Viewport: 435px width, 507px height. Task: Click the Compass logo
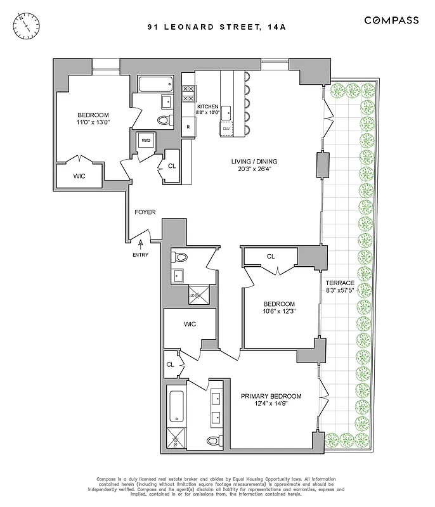click(x=391, y=20)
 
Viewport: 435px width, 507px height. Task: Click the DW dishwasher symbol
click(x=227, y=129)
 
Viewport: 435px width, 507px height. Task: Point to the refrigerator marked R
click(x=188, y=127)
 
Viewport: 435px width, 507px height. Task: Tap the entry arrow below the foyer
click(x=140, y=244)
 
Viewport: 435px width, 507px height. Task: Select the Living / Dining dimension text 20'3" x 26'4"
click(x=254, y=170)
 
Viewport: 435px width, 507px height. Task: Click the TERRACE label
click(x=340, y=283)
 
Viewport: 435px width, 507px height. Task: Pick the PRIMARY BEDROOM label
click(x=271, y=396)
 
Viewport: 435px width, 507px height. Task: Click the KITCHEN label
click(x=207, y=106)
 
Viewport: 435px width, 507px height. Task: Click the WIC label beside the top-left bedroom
click(x=79, y=176)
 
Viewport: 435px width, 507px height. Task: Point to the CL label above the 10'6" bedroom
click(x=270, y=257)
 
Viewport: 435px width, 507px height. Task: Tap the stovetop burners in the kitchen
click(x=188, y=93)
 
